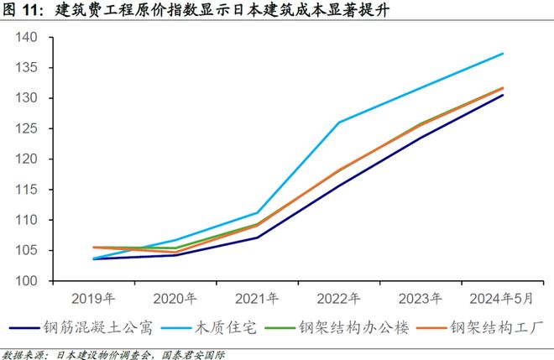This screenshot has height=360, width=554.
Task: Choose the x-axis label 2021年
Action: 257,299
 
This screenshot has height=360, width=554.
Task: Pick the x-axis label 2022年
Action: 339,299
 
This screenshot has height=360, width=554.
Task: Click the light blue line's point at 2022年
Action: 339,123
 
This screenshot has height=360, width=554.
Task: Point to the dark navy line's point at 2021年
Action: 257,237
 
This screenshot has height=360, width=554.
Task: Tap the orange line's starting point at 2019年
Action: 93,248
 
